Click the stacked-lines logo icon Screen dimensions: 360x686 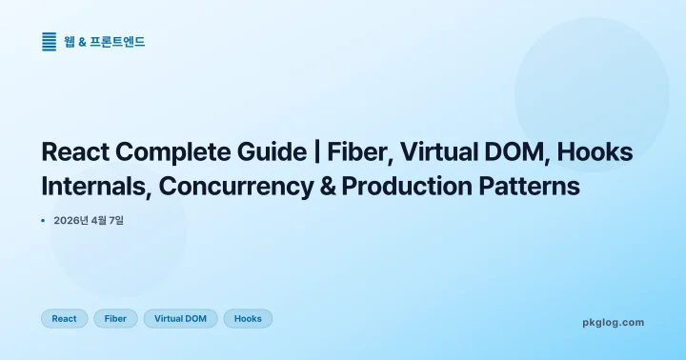pos(50,41)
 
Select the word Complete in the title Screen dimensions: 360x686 pos(175,152)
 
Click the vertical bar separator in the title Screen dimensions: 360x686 pos(316,152)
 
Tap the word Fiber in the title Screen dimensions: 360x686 pos(357,152)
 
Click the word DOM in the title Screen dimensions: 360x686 pos(517,152)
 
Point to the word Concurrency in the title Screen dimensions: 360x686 pos(236,187)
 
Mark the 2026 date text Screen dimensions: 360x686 pos(89,221)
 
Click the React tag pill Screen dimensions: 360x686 pos(65,319)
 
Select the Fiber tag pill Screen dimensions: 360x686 pos(115,319)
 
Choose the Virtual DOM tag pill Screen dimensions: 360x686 pos(181,319)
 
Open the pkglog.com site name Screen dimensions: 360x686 pos(613,323)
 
